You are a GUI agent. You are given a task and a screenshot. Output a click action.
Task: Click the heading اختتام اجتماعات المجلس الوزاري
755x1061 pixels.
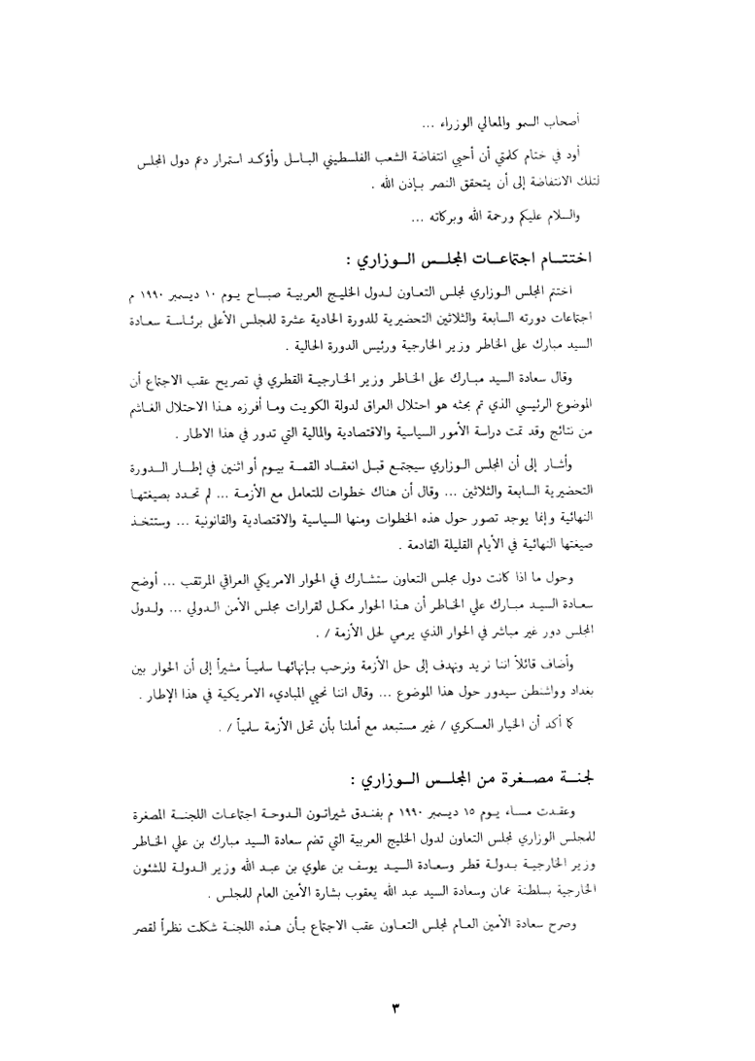(495, 259)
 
